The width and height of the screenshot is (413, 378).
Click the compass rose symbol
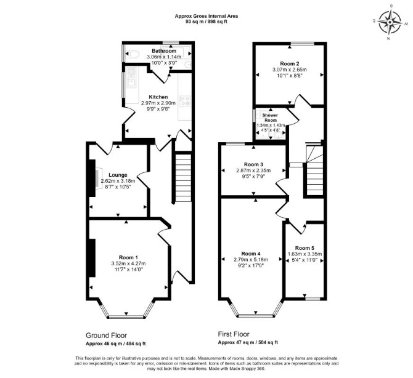390,23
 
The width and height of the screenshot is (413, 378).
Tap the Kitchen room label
158,97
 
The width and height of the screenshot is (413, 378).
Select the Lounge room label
118,175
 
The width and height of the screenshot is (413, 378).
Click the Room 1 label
128,257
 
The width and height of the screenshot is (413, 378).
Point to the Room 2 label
290,63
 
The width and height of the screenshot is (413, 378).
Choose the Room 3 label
253,164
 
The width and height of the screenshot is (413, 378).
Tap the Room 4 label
251,254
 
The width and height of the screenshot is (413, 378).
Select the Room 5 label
305,248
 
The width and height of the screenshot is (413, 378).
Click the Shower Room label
270,118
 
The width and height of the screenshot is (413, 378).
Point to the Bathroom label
164,50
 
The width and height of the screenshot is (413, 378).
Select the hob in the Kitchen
185,101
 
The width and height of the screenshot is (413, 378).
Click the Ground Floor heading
107,336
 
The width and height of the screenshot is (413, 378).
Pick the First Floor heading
234,334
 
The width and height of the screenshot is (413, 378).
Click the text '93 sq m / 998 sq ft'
206,22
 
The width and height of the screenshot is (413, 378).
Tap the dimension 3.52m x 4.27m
128,263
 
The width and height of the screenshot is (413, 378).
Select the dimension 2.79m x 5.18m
251,260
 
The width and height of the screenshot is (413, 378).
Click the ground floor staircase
183,178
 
